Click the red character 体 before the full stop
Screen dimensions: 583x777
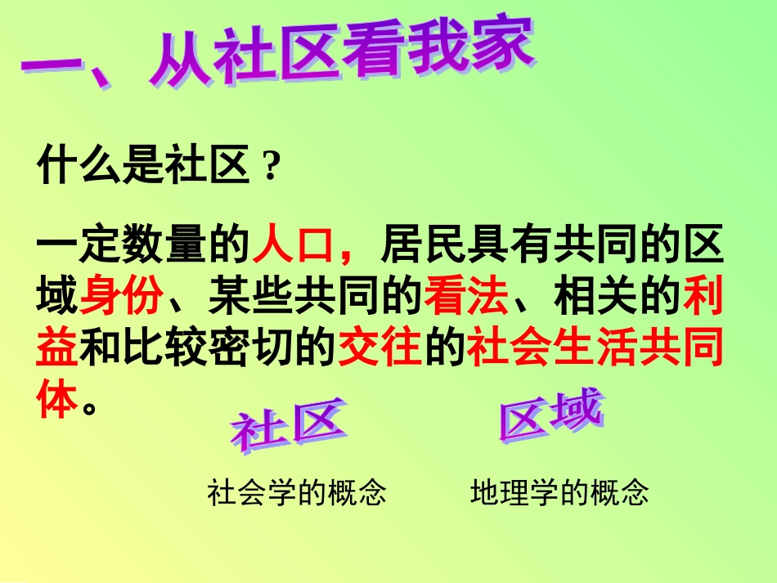(x=58, y=401)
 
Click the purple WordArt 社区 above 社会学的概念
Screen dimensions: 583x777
(x=287, y=426)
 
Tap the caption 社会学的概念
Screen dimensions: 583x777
(x=297, y=493)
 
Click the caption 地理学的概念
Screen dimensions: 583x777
(x=560, y=493)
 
